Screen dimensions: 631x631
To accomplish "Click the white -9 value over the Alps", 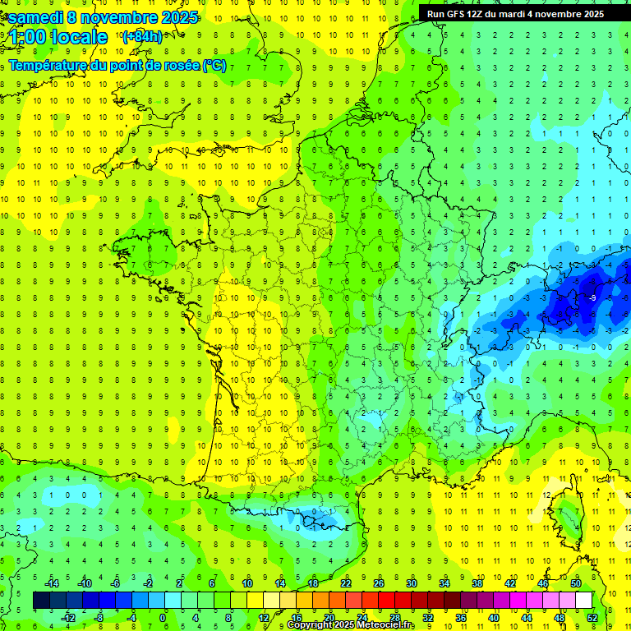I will coord(592,297).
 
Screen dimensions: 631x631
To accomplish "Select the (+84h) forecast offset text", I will coord(142,37).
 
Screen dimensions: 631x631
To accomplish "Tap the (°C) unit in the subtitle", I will coord(214,65).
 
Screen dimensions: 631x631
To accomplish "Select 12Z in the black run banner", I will coord(488,14).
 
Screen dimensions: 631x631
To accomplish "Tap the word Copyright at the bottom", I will coord(312,625).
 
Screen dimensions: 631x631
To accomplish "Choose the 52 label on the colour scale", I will coord(592,617).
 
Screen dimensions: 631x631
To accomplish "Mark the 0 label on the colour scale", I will coord(163,617).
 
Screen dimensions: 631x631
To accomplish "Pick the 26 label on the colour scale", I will coord(379,583).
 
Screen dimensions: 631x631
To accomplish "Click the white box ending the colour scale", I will coord(583,600).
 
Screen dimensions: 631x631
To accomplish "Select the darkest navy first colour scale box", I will coord(41,600).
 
